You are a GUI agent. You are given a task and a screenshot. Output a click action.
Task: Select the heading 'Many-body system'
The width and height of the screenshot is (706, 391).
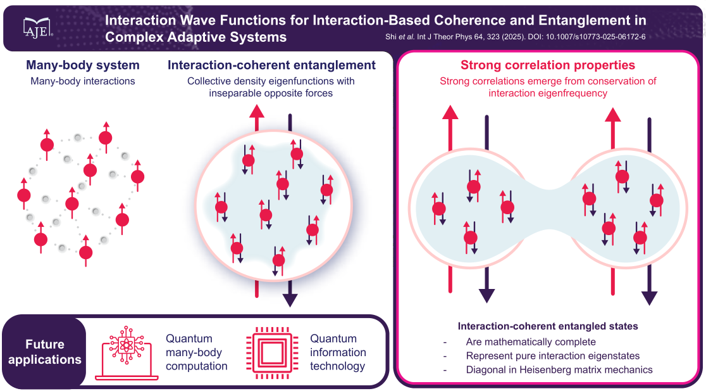[82, 65]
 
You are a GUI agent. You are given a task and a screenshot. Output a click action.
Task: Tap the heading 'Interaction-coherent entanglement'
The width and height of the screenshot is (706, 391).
[271, 65]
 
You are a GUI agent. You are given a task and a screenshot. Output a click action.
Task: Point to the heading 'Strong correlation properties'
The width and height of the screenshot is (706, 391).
[548, 65]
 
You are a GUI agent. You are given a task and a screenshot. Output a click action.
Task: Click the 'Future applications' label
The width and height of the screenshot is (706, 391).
[44, 352]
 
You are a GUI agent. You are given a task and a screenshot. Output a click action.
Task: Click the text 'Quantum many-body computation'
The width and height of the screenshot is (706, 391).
[196, 352]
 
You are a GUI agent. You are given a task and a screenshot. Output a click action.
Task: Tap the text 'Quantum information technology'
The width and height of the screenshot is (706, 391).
[338, 352]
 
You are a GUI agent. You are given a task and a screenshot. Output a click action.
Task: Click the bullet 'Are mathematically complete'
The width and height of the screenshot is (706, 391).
[531, 342]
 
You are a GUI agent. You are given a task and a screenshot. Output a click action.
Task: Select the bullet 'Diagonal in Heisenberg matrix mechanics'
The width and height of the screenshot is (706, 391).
[559, 369]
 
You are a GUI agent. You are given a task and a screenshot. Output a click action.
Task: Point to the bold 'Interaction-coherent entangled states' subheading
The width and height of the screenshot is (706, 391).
[548, 327]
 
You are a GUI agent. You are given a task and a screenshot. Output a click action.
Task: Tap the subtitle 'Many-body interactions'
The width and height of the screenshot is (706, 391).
[83, 81]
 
